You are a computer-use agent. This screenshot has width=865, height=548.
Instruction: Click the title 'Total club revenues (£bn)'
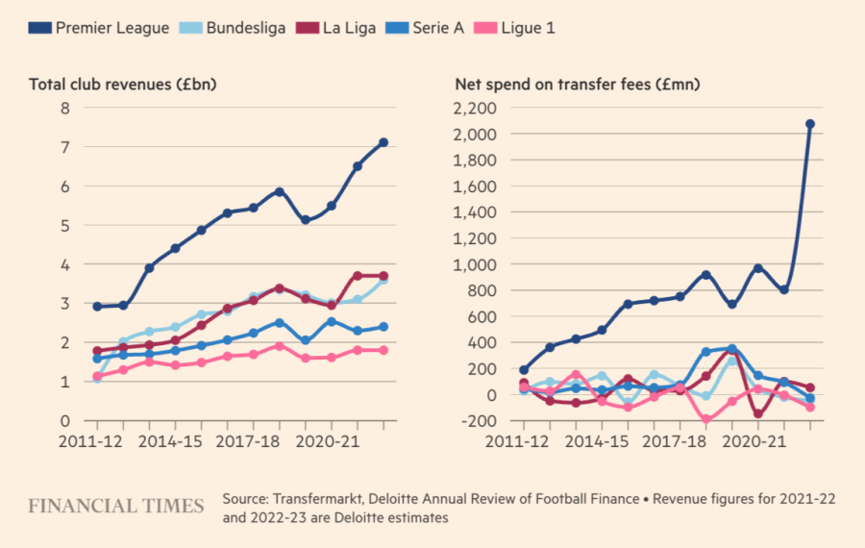click(123, 85)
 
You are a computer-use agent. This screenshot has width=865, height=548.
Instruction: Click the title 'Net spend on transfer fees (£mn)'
click(577, 85)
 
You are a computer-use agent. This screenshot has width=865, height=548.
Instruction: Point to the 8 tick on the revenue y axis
click(64, 108)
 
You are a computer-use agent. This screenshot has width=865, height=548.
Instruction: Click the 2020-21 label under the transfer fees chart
click(756, 441)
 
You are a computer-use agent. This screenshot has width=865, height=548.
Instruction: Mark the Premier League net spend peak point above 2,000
click(810, 124)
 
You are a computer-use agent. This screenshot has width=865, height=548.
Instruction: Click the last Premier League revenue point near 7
click(383, 142)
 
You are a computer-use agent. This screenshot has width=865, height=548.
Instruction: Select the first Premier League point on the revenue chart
click(97, 307)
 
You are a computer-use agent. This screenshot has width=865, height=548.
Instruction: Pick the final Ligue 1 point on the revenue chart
click(383, 350)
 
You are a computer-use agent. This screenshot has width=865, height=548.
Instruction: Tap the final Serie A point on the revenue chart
click(383, 327)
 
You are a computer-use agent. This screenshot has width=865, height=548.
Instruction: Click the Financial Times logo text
click(115, 507)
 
